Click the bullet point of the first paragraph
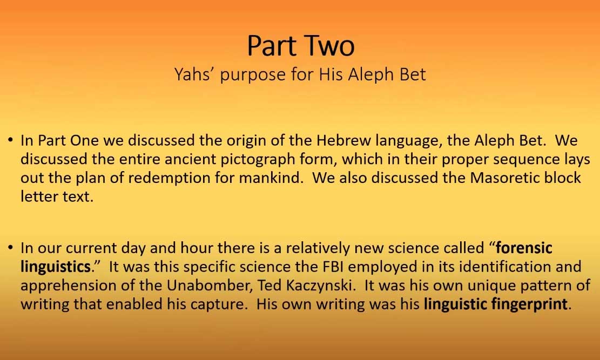[10, 141]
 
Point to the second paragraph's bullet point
[10, 248]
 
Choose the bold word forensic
[524, 248]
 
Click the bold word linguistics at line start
[55, 267]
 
